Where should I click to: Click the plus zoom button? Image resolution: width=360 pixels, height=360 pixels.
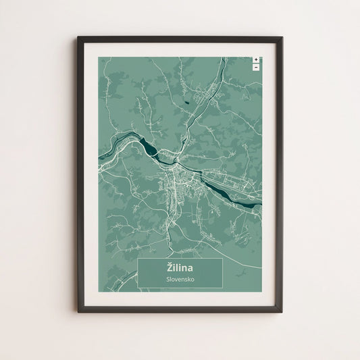pyautogui.click(x=256, y=60)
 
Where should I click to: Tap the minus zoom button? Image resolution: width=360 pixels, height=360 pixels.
pyautogui.click(x=256, y=67)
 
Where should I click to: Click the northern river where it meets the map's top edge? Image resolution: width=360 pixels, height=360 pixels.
pyautogui.click(x=222, y=59)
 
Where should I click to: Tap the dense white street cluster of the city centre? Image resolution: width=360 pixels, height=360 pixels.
pyautogui.click(x=177, y=178)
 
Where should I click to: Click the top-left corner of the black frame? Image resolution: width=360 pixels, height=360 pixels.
pyautogui.click(x=78, y=37)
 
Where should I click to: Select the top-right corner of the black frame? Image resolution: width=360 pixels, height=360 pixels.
pyautogui.click(x=282, y=38)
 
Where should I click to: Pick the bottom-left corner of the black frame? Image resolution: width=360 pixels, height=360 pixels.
pyautogui.click(x=78, y=311)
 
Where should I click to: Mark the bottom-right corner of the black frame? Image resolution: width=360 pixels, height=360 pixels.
pyautogui.click(x=282, y=311)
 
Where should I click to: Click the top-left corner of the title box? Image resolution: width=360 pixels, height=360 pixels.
pyautogui.click(x=138, y=258)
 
